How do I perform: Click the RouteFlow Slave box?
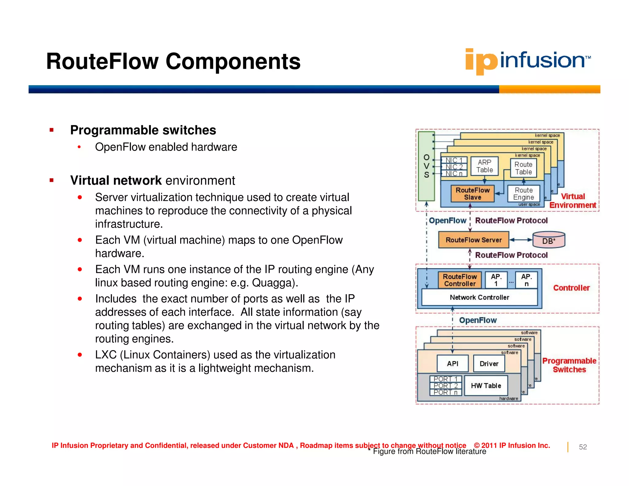472,194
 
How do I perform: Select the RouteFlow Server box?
473,240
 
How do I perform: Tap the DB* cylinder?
549,240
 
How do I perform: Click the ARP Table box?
484,166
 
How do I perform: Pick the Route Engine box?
523,194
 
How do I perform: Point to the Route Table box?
523,168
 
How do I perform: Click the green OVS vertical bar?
426,166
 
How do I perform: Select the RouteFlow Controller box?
459,280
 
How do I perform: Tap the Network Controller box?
479,297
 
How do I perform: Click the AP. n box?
526,280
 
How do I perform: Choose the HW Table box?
486,386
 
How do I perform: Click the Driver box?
489,364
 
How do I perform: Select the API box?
452,364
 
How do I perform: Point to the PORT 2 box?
445,386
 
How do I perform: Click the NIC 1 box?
454,160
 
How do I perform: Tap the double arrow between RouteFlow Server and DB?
521,240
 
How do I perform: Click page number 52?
583,447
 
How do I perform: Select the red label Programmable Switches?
569,365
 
